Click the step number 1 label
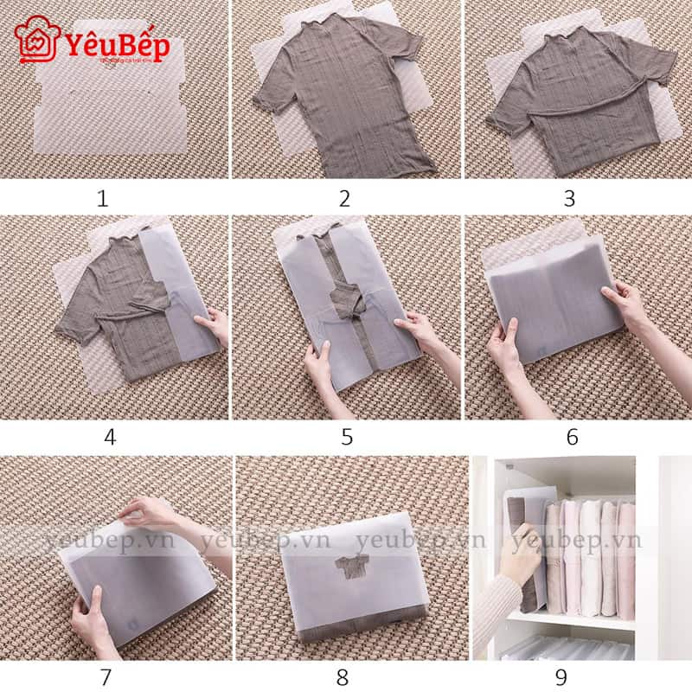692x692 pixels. [103, 199]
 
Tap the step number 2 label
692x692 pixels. [344, 199]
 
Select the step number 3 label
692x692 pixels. [569, 199]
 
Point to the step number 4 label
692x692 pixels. [110, 437]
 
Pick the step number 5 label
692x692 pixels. [346, 437]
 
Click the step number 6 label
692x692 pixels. [572, 437]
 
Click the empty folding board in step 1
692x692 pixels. [112, 104]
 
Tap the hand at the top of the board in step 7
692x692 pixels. [151, 516]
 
